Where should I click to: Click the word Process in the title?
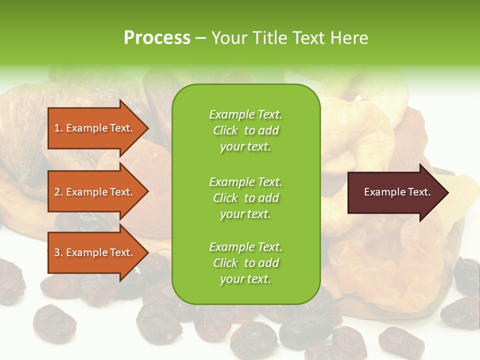point(157,37)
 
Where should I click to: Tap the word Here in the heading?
point(349,37)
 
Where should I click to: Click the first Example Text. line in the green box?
point(245,114)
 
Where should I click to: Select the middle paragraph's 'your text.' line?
point(245,214)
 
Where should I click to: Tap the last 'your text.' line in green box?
point(245,279)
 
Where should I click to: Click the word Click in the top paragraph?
point(225,130)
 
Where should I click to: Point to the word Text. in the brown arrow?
point(419,192)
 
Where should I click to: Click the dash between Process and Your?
point(200,37)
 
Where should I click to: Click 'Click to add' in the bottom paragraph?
point(245,263)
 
